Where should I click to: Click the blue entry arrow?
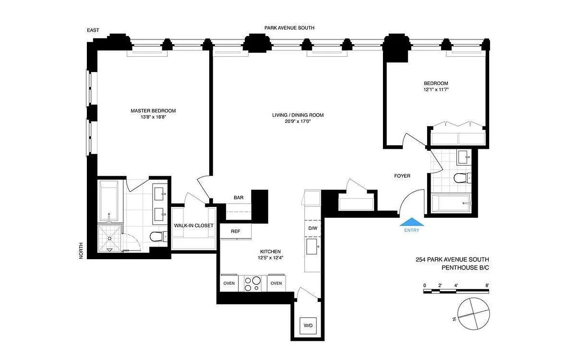(411, 222)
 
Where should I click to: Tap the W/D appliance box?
(309, 325)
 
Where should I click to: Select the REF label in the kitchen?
(235, 231)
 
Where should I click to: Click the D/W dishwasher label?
(313, 228)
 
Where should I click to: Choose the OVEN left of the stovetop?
(229, 283)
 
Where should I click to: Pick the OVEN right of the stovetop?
(276, 283)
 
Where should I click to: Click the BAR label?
(238, 198)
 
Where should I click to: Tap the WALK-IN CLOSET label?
(193, 225)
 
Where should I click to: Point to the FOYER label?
(402, 176)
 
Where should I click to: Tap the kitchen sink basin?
(312, 247)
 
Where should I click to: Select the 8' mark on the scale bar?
(487, 285)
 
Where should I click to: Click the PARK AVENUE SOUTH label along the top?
(289, 28)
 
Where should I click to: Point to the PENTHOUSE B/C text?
(465, 268)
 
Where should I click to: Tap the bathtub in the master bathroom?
(108, 200)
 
